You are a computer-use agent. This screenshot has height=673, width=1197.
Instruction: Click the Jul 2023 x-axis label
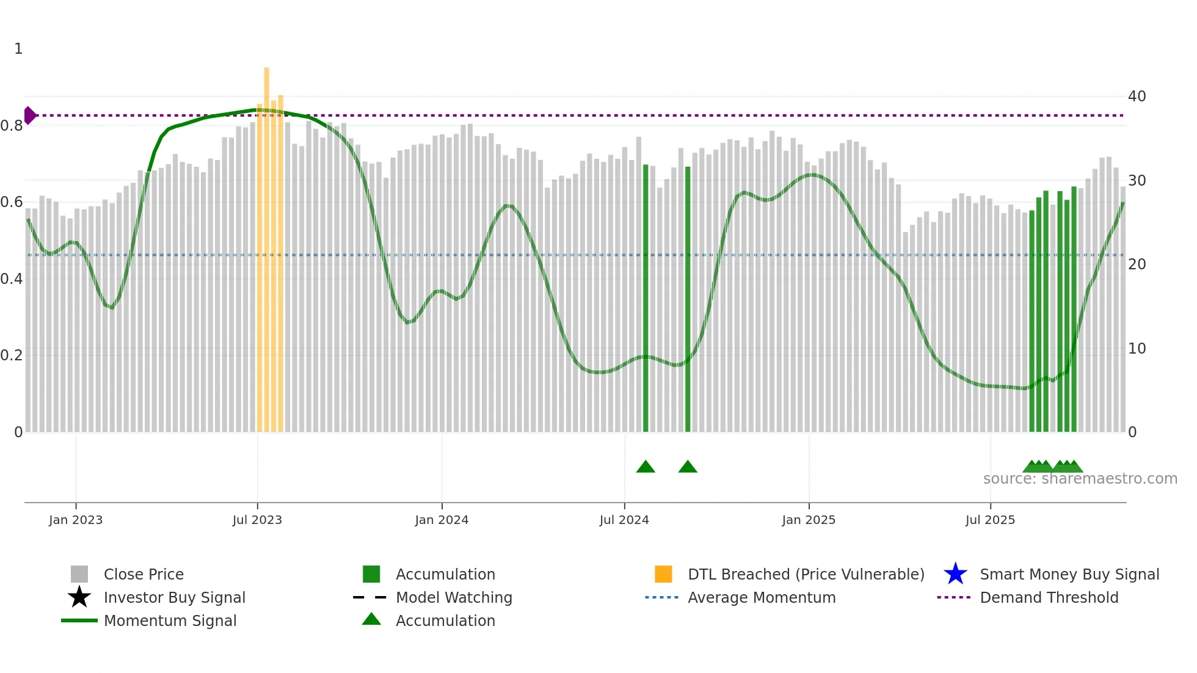(257, 520)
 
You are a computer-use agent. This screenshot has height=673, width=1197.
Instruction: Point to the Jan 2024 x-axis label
(442, 520)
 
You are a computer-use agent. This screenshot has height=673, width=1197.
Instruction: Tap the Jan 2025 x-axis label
(809, 520)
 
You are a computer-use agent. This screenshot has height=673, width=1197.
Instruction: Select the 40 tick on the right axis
(1137, 96)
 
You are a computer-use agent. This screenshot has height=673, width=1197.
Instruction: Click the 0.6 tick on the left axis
(12, 202)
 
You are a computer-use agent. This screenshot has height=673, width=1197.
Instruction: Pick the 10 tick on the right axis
(1137, 349)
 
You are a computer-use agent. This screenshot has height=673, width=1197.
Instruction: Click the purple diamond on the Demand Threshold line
(30, 115)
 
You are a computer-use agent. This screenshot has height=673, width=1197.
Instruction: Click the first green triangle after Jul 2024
(646, 467)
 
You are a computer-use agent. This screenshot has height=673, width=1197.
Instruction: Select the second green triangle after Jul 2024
(688, 467)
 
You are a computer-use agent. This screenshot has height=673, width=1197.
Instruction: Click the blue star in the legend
(955, 574)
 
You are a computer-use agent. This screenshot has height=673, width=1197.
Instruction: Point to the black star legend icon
(79, 597)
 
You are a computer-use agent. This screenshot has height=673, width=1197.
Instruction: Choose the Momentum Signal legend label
(170, 620)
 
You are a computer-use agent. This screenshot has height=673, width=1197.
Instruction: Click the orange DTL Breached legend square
(663, 574)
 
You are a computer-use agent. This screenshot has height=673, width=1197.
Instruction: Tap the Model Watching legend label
(454, 597)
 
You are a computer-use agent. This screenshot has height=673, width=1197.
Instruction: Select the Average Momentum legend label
(762, 597)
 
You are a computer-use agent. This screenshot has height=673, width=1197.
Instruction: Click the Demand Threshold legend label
(1049, 597)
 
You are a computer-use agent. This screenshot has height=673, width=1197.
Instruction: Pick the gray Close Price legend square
(79, 574)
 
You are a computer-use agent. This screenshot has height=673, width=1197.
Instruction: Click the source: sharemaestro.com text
(1080, 479)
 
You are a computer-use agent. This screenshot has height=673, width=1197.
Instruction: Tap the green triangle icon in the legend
(371, 620)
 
